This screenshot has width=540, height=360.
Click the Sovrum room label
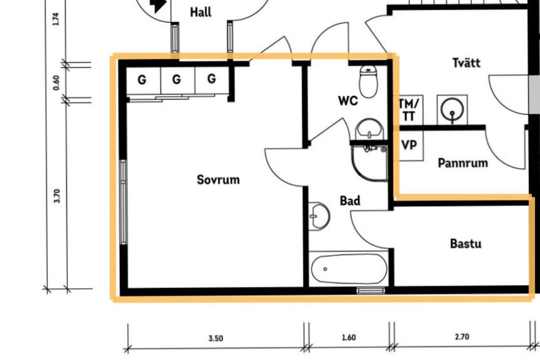(218, 179)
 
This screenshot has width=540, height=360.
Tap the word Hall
(201, 12)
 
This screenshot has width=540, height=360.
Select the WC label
(348, 100)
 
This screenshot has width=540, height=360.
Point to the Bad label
(350, 200)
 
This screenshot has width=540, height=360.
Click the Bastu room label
(465, 243)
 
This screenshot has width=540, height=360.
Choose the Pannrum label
(462, 162)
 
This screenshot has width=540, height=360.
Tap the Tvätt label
(466, 62)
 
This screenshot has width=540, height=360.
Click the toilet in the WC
(368, 81)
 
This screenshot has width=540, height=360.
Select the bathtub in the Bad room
(349, 268)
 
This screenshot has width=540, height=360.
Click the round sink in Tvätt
(452, 109)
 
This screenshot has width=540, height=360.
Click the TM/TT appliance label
(409, 110)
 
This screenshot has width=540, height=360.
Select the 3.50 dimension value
(215, 338)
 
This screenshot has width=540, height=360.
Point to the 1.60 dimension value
(348, 337)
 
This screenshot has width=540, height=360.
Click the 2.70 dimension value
(462, 336)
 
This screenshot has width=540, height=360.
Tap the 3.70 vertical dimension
(57, 196)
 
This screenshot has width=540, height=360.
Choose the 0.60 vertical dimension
(56, 82)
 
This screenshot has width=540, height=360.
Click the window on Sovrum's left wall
(123, 202)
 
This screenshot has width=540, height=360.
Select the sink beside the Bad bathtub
(318, 216)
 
